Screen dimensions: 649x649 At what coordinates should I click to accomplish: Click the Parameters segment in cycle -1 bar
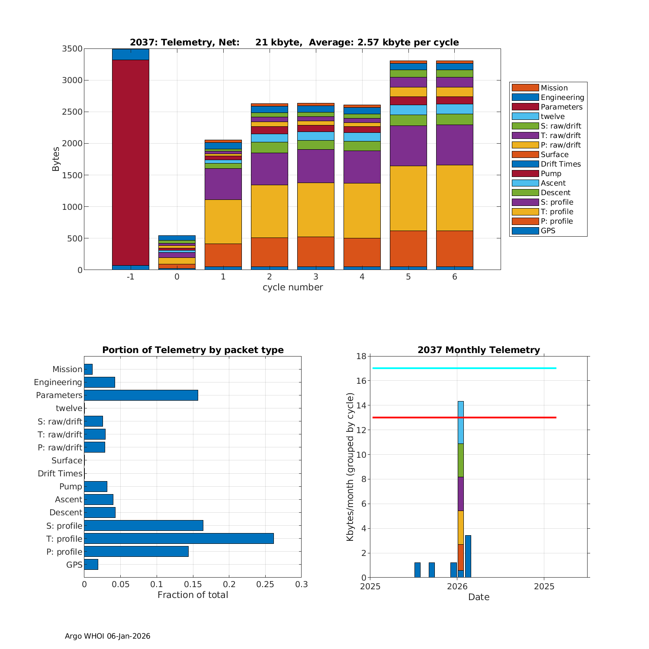[130, 162]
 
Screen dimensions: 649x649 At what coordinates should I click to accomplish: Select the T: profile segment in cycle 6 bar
[454, 198]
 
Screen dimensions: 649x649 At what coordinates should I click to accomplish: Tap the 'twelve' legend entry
[553, 116]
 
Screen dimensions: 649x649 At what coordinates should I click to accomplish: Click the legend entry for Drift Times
[560, 164]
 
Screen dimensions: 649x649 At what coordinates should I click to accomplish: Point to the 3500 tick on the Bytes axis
[72, 49]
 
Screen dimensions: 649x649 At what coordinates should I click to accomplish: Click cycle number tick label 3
[316, 277]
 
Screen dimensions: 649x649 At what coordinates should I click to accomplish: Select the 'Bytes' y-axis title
[56, 159]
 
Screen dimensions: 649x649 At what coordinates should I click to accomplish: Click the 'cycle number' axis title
[292, 287]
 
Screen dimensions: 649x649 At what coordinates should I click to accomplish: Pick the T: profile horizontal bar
[179, 538]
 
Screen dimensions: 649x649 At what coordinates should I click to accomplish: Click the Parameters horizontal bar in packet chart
[141, 395]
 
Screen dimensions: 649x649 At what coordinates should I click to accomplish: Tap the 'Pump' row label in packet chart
[71, 486]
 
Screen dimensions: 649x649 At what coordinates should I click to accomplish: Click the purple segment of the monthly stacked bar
[461, 494]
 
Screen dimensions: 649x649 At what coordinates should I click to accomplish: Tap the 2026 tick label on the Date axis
[457, 587]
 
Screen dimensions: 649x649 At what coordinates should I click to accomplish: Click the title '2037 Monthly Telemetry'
[479, 350]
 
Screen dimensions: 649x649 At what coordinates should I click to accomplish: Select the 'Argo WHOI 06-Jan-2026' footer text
[107, 636]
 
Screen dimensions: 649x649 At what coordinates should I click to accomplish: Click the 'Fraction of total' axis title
[193, 595]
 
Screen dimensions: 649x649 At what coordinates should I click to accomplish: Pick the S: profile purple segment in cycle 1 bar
[223, 184]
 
